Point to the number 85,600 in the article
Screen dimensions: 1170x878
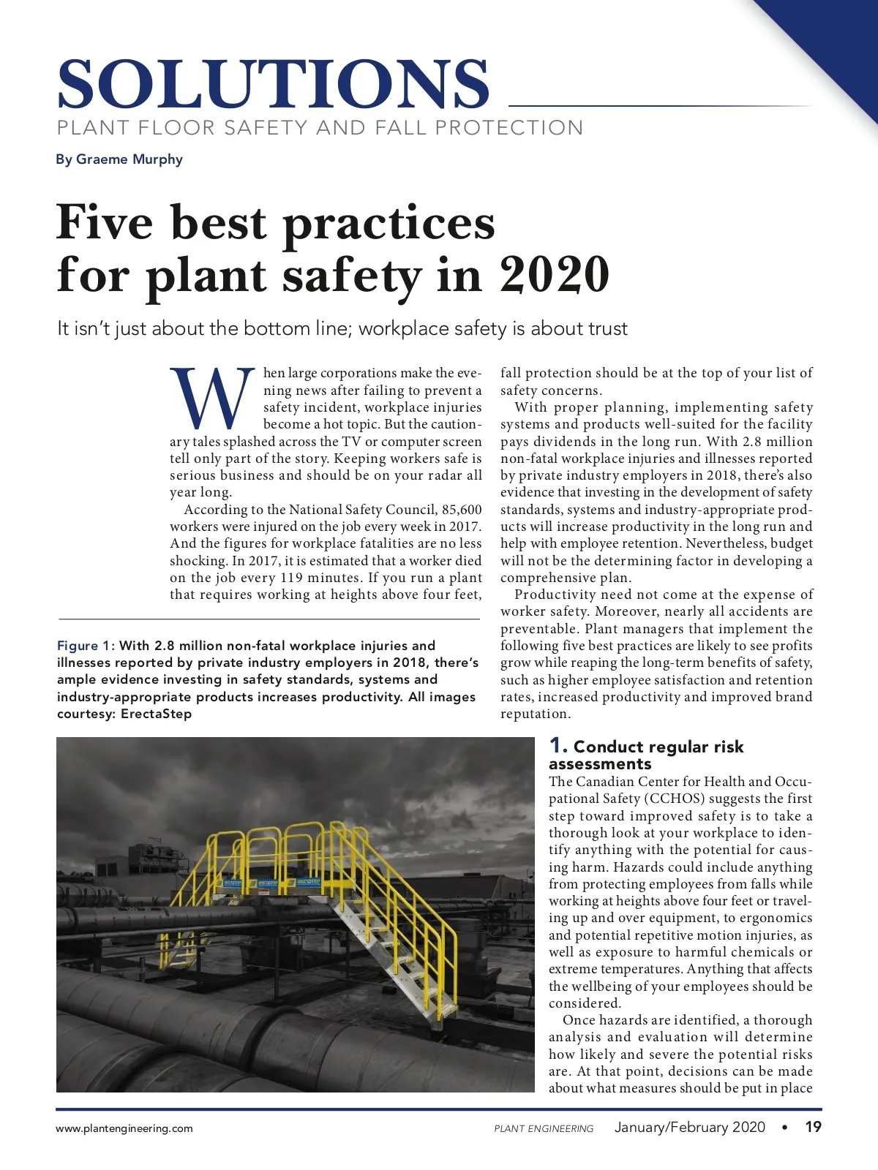tap(462, 510)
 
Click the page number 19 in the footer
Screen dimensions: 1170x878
tap(813, 1127)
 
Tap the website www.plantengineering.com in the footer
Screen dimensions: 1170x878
tap(124, 1128)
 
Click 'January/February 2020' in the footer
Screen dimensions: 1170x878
tap(689, 1127)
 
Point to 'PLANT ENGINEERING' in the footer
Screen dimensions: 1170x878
tap(544, 1128)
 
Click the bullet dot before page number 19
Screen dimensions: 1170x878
tap(785, 1127)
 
